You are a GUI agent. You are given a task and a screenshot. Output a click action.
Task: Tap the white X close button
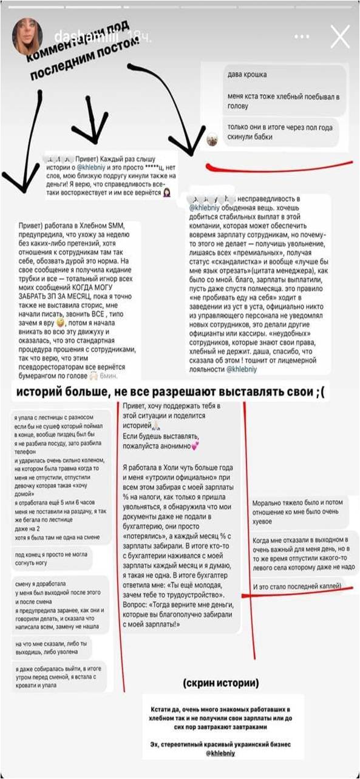point(339,37)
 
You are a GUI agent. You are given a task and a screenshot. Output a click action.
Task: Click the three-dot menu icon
point(302,37)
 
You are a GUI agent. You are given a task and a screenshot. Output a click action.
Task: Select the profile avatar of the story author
point(27,37)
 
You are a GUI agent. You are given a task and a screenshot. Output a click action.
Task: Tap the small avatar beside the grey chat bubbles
point(212,140)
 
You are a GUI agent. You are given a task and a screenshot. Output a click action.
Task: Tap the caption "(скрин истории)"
point(220,683)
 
